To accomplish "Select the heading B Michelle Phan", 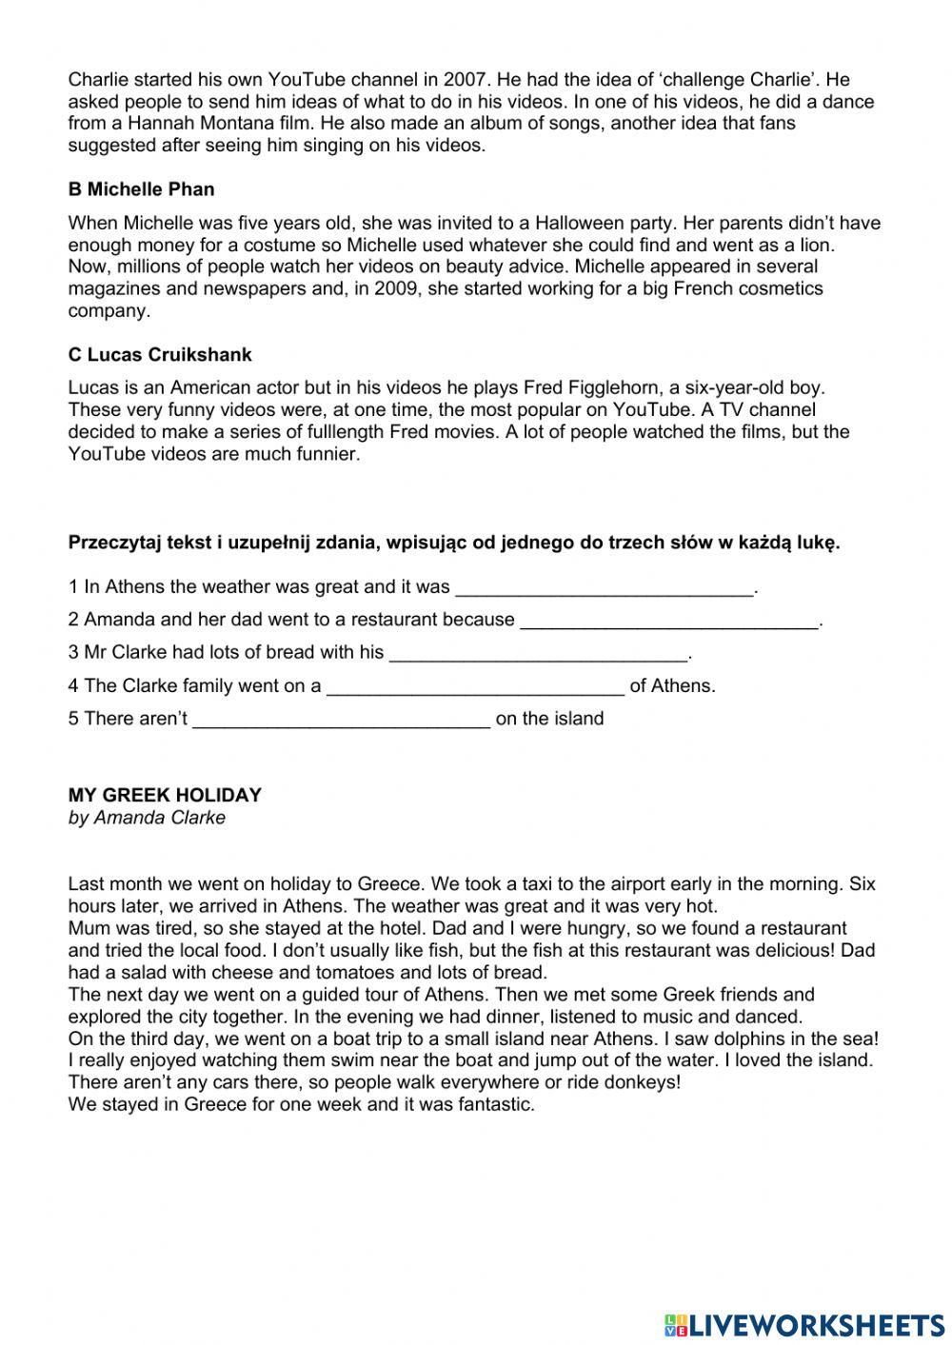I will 141,189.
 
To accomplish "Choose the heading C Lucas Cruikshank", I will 160,355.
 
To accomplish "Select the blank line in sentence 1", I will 604,588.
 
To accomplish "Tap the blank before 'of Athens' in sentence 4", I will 475,687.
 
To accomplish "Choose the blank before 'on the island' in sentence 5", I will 341,720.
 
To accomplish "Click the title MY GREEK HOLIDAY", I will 165,795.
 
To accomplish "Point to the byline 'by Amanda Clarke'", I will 147,818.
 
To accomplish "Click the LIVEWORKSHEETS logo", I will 804,1324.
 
